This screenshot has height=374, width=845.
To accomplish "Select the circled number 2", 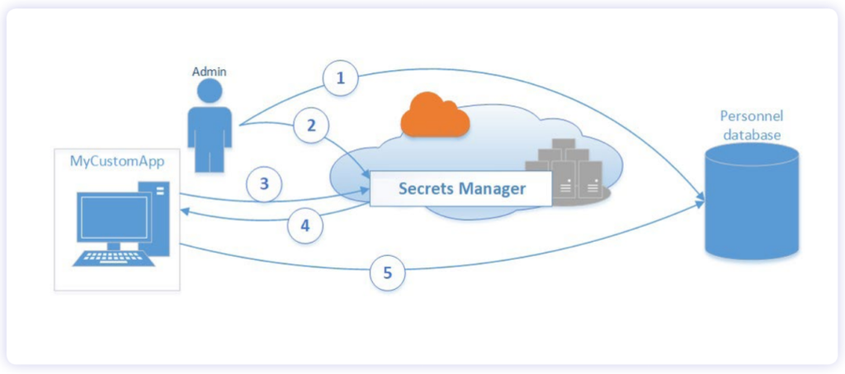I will (311, 126).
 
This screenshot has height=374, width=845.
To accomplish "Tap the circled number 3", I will (264, 184).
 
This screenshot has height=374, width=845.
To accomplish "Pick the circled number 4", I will (305, 226).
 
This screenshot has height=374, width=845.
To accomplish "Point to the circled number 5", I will (388, 272).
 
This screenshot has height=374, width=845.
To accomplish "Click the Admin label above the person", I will (209, 72).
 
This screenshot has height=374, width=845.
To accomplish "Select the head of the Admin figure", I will (210, 91).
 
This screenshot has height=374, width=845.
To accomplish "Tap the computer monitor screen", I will (113, 217).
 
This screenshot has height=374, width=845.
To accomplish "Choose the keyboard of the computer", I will (114, 257).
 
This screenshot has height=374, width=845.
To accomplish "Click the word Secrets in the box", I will (427, 189).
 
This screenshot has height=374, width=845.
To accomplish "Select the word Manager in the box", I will (493, 189).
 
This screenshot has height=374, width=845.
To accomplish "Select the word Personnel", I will (752, 116).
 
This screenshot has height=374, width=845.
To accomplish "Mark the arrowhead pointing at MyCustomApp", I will (185, 211).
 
